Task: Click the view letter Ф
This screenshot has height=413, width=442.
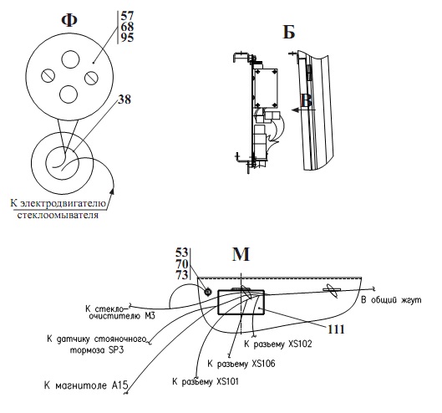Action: [x=69, y=20]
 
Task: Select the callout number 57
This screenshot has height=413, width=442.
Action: [x=127, y=16]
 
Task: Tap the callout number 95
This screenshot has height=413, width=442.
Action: [x=127, y=38]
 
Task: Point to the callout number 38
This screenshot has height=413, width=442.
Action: [x=124, y=99]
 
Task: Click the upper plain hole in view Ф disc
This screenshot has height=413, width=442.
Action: [x=70, y=59]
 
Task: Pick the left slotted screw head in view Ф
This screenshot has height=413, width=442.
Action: [x=48, y=75]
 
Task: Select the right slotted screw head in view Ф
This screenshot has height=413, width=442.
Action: [x=91, y=78]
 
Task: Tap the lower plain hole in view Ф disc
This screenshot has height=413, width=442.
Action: [x=69, y=94]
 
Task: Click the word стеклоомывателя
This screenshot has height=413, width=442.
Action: [x=58, y=215]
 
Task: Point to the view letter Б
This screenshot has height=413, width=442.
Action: [x=289, y=32]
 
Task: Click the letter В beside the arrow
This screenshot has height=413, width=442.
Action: [x=307, y=100]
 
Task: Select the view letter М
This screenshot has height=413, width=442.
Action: [x=241, y=254]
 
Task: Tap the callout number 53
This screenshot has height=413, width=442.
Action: [x=182, y=252]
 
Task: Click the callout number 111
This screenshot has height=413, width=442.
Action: [x=336, y=329]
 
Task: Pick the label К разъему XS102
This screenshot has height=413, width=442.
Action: [x=278, y=344]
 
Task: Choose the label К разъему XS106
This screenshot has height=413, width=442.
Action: [x=241, y=364]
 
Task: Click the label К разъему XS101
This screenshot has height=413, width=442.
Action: [x=206, y=382]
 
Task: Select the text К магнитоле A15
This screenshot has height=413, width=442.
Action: [x=86, y=385]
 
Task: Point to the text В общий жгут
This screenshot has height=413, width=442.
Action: [x=391, y=300]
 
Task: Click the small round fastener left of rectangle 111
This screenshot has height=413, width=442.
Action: [x=208, y=293]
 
